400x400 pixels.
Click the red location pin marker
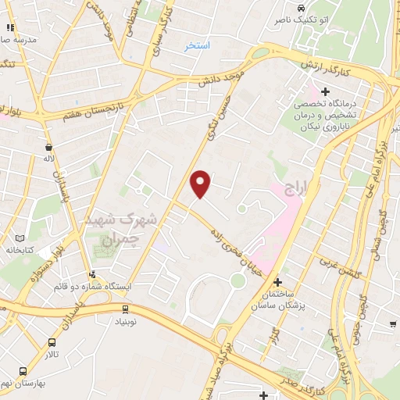(201, 184)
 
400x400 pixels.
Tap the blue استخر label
(197, 46)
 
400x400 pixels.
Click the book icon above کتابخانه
(20, 237)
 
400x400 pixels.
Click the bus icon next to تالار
(52, 342)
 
